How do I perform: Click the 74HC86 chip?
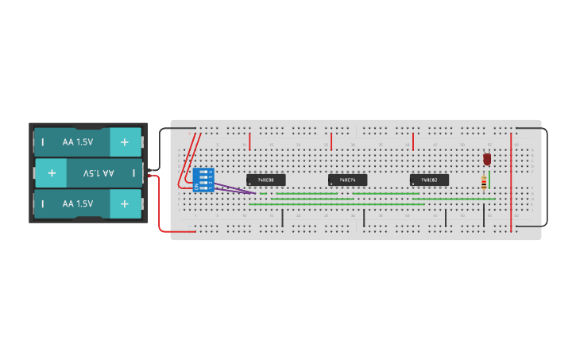coord(265,180)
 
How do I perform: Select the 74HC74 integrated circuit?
coord(347,180)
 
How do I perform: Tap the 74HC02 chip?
coord(429,180)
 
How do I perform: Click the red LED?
coord(487,159)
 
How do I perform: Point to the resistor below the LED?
coord(484,184)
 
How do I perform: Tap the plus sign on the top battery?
coord(124,142)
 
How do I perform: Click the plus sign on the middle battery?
coord(52,172)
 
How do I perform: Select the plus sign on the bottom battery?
coord(124,203)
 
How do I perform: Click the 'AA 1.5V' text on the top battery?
coord(78,142)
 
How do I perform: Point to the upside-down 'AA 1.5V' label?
coord(99,172)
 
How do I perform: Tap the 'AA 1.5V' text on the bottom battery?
coord(78,203)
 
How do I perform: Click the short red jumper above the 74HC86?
coord(249,141)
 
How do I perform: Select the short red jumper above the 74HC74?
coord(331,141)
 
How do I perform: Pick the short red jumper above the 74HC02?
coord(413,141)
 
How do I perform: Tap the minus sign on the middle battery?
coord(133,172)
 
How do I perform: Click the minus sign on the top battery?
coord(43,142)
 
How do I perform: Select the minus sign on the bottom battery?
coord(43,203)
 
